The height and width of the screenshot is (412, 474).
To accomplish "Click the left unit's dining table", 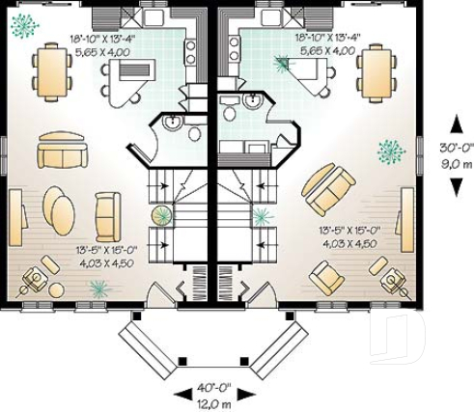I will (x=49, y=70).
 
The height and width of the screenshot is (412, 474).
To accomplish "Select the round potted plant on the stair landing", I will (x=161, y=213).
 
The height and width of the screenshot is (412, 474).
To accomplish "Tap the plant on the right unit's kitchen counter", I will (x=281, y=65).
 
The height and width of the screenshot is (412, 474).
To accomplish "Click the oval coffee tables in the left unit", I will (x=59, y=208).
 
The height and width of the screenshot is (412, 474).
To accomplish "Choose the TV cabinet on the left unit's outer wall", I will (x=16, y=221).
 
